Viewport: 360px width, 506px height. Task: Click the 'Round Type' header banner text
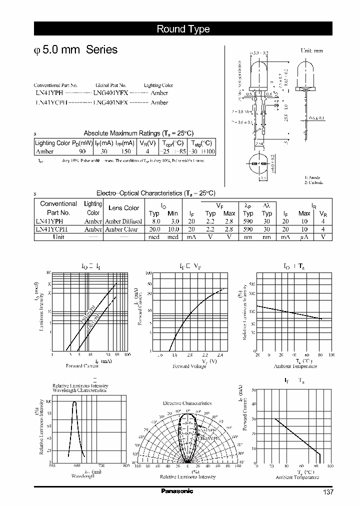183,29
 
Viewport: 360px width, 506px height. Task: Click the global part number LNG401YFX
110,93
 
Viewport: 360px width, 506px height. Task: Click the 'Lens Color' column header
123,208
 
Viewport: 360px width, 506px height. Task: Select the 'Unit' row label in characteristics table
58,236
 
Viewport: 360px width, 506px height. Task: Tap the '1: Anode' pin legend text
312,177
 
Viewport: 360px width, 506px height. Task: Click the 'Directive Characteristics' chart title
187,403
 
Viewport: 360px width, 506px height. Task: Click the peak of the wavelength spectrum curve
74,401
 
